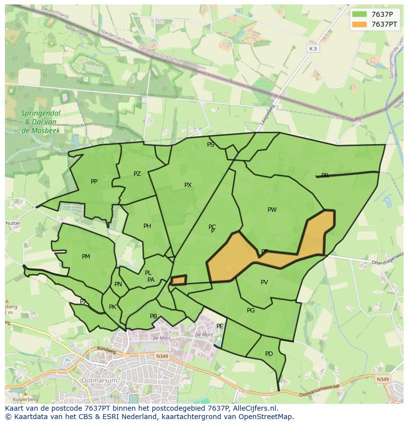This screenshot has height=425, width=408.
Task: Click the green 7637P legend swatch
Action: [x=360, y=14]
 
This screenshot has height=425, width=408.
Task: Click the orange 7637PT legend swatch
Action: [x=360, y=24]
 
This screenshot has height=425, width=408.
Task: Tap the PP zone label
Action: [x=94, y=182]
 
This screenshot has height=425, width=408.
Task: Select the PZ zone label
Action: [x=137, y=174]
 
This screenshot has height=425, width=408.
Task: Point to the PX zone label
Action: [x=188, y=185]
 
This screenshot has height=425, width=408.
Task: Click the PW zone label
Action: [x=272, y=210]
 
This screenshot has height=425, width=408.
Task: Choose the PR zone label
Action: [x=325, y=176]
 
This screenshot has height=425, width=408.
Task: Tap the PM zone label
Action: [x=86, y=257]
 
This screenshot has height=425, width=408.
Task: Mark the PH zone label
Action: [x=147, y=226]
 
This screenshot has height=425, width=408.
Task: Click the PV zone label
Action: [x=264, y=282]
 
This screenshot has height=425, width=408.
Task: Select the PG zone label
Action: [x=251, y=310]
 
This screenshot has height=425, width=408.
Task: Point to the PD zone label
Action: [x=269, y=354]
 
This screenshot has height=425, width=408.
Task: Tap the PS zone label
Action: [x=210, y=145]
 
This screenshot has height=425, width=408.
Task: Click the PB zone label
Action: [x=153, y=316]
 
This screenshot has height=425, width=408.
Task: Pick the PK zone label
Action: [x=112, y=307]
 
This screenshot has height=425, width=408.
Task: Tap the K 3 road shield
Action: [x=313, y=48]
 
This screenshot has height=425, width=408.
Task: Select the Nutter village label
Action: [x=13, y=223]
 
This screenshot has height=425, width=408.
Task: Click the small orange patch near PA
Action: [x=178, y=280]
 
